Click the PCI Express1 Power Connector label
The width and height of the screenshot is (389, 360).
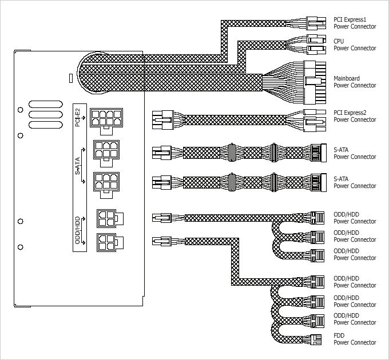tap(355, 23)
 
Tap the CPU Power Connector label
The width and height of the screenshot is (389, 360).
tap(355, 45)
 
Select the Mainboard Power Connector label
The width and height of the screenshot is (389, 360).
tap(355, 82)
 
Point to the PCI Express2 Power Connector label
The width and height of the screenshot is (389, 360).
tap(355, 116)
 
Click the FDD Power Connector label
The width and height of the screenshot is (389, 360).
tap(355, 339)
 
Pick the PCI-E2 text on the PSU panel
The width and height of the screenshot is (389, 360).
tap(78, 118)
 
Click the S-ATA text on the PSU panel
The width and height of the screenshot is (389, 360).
tap(78, 166)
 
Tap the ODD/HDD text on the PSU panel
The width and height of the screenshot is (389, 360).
tap(78, 230)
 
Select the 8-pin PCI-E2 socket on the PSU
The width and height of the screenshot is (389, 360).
tap(106, 121)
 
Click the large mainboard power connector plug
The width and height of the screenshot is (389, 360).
tap(315, 83)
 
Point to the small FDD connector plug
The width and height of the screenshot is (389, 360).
tap(316, 339)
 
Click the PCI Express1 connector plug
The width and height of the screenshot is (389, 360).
tap(316, 23)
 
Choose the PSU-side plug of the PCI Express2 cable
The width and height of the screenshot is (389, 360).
tap(162, 120)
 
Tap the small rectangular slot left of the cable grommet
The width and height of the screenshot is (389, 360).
tap(70, 78)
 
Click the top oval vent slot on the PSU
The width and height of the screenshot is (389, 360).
tap(46, 105)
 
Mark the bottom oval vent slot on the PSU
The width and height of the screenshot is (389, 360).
tap(46, 125)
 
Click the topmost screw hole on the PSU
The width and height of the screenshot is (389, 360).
tap(21, 110)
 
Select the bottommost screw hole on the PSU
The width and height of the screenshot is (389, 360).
tap(21, 247)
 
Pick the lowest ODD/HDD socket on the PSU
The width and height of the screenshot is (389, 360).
tap(110, 242)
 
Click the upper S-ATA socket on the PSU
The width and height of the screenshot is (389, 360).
tap(106, 154)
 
